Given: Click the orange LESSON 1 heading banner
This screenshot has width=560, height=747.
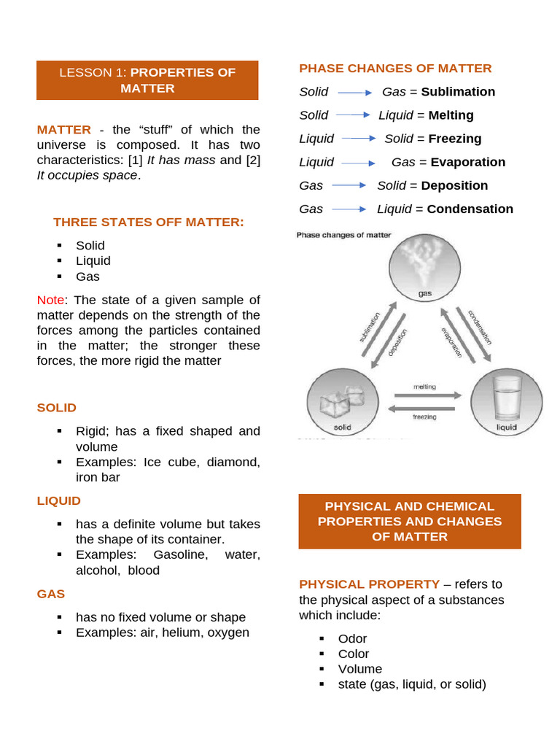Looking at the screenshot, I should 147,80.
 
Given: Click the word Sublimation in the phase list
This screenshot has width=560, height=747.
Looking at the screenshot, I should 458,92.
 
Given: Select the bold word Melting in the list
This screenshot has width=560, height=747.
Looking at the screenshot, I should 451,115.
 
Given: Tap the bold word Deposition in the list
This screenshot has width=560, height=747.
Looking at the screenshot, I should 454,185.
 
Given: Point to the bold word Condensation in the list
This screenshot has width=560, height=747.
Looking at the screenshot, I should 470,209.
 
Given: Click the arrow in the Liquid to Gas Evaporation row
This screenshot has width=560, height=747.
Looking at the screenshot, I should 358,163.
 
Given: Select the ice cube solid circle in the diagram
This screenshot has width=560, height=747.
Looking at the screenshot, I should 343,403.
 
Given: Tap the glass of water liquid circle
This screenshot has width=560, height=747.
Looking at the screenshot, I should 506,403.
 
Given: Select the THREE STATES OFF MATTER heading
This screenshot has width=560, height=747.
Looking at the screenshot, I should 148,222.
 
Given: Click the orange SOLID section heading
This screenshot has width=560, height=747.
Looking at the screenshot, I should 57,408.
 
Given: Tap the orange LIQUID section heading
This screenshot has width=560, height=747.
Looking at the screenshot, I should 59,501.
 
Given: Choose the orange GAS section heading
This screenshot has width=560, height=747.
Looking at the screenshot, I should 51,594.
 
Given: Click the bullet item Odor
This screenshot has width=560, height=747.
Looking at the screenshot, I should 353,638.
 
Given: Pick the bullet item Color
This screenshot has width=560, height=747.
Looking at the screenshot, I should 354,654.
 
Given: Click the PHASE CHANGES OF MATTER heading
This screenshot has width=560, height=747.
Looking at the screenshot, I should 395,69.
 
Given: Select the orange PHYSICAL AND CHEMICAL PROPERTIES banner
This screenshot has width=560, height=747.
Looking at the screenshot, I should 410,521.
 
